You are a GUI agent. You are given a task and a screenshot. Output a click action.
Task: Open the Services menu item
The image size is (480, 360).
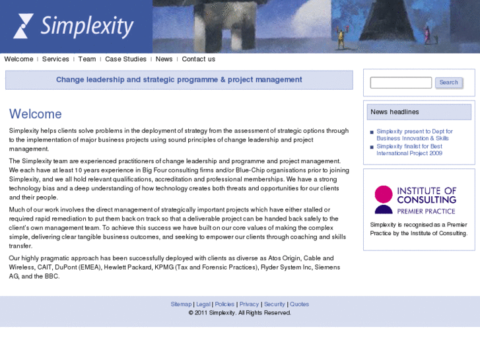55,59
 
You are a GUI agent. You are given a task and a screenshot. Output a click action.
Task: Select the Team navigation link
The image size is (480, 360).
86,59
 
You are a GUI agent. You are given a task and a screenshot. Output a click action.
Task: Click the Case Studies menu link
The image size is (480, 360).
125,59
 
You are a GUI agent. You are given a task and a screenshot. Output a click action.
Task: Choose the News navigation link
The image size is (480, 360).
164,59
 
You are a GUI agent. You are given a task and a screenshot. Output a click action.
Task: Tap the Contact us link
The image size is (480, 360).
198,59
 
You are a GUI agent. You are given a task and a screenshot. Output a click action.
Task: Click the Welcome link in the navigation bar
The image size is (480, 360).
18,59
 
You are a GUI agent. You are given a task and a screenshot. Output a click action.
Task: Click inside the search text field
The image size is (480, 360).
400,83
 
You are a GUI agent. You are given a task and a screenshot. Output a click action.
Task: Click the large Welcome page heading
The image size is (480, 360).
36,114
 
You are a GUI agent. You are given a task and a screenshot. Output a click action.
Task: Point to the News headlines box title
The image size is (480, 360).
395,112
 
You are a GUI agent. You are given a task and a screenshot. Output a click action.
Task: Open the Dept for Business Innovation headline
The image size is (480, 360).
414,135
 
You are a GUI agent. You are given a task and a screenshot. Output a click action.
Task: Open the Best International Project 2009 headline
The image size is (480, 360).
409,149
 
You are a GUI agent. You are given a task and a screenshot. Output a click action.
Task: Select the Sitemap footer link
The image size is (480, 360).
181,305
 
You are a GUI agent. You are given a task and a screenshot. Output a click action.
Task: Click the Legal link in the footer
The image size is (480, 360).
203,305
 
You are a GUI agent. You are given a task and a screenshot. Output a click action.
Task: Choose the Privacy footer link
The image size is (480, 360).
249,305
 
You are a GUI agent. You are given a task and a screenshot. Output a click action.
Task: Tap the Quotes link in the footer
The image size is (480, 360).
299,305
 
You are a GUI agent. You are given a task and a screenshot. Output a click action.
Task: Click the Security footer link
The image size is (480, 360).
275,305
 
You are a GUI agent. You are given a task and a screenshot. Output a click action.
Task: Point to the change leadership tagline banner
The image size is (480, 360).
179,80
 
